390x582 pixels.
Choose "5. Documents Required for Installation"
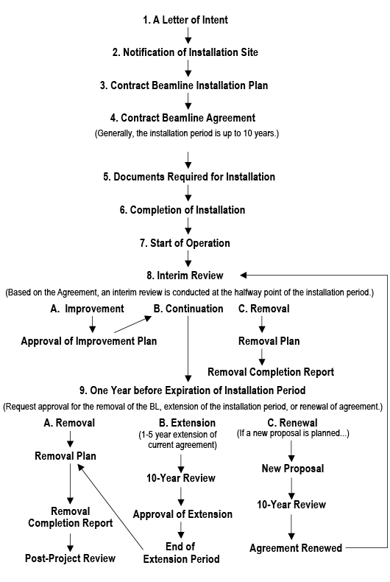pos(188,177)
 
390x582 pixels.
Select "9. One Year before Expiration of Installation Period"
pos(192,390)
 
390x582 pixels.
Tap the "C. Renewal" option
pos(292,423)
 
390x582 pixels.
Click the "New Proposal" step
pos(292,469)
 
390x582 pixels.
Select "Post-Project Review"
pos(71,558)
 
